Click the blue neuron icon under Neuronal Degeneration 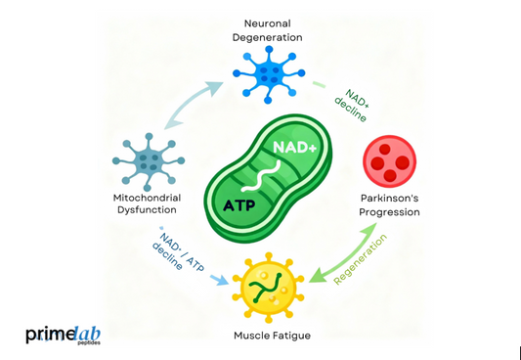click(x=264, y=71)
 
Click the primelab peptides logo click(x=65, y=337)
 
